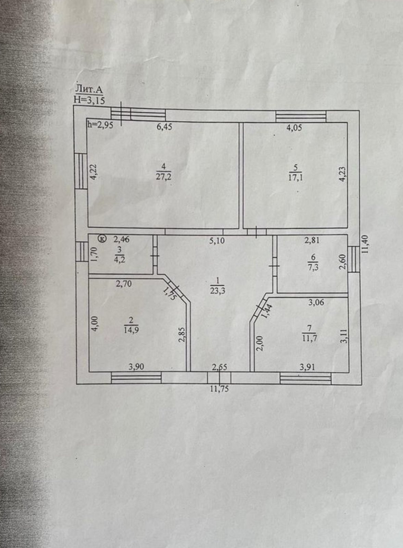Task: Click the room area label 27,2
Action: [x=164, y=177]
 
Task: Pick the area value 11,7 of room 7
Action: [x=309, y=339]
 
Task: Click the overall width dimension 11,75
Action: [x=219, y=389]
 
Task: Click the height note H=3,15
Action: [x=89, y=100]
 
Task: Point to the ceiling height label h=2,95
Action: [x=100, y=125]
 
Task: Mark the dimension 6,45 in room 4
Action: [x=164, y=127]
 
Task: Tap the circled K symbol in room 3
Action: [x=102, y=239]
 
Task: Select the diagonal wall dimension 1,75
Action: [x=169, y=294]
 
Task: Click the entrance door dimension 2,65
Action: [x=219, y=368]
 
